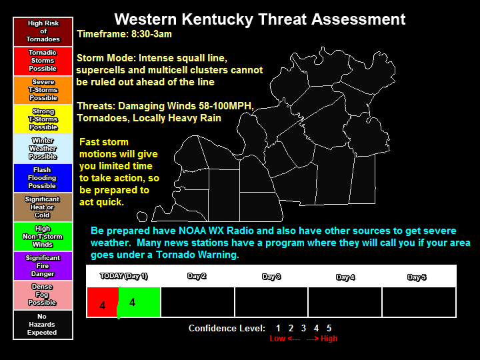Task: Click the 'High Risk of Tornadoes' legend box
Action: pyautogui.click(x=43, y=31)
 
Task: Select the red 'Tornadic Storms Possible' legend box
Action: pyautogui.click(x=43, y=61)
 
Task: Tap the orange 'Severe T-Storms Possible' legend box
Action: pyautogui.click(x=43, y=90)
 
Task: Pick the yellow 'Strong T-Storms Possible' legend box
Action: pyautogui.click(x=43, y=119)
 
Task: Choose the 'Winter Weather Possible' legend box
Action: pyautogui.click(x=43, y=149)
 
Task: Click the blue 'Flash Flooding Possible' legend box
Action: pyautogui.click(x=43, y=178)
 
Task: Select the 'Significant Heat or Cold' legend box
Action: pyautogui.click(x=43, y=207)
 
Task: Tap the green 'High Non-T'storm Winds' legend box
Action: pyautogui.click(x=43, y=237)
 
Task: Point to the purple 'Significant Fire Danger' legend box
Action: pyautogui.click(x=43, y=266)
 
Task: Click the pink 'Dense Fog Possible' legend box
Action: pyautogui.click(x=43, y=295)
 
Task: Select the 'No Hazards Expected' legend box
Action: pyautogui.click(x=43, y=325)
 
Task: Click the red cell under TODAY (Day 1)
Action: pyautogui.click(x=102, y=303)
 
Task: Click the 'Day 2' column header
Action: pyautogui.click(x=197, y=276)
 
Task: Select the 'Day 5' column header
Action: pyautogui.click(x=417, y=277)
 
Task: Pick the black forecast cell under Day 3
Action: pyautogui.click(x=271, y=302)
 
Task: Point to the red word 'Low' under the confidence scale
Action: pyautogui.click(x=277, y=339)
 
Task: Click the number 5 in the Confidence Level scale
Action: pyautogui.click(x=329, y=328)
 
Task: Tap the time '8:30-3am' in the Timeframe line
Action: pyautogui.click(x=151, y=33)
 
